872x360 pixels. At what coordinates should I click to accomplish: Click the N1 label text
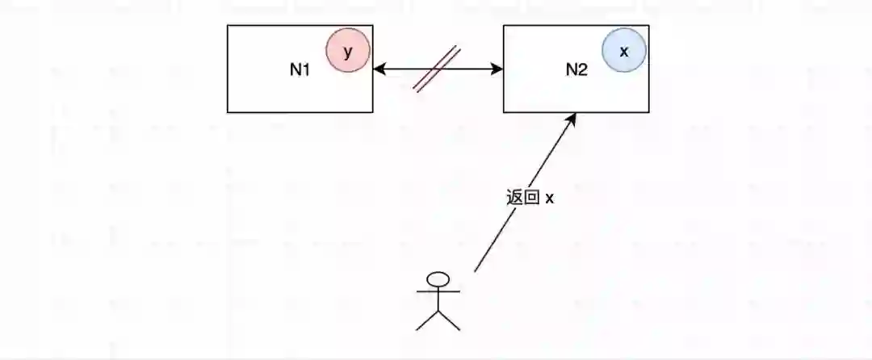click(x=300, y=69)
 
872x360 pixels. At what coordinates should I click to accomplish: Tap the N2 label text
click(x=576, y=69)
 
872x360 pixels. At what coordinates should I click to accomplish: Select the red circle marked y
click(x=348, y=52)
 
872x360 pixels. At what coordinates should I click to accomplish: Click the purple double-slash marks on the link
click(x=437, y=69)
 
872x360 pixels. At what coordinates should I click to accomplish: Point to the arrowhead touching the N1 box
click(x=379, y=69)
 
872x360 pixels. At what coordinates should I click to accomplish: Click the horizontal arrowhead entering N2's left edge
click(x=497, y=69)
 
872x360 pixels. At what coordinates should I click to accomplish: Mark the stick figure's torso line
click(x=438, y=299)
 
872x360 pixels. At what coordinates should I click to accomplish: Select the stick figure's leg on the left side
click(x=427, y=320)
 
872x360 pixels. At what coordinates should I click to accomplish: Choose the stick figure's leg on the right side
click(x=449, y=320)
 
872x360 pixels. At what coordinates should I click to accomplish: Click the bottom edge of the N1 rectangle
click(x=300, y=112)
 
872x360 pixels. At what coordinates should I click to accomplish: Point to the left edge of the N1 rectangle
click(x=228, y=69)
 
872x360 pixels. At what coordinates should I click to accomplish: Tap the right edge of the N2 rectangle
click(x=648, y=81)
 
